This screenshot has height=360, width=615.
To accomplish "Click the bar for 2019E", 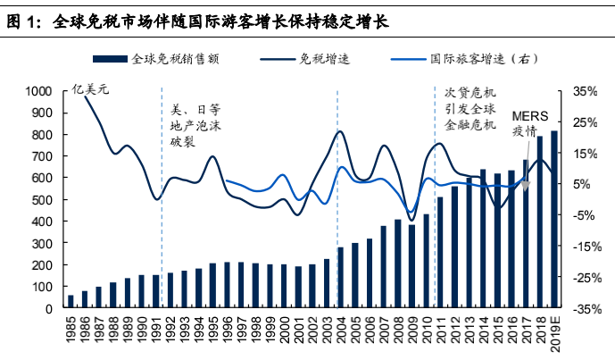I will [x=554, y=220].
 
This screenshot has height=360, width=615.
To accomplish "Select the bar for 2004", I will [x=340, y=278].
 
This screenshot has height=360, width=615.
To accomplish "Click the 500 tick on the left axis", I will [x=42, y=200].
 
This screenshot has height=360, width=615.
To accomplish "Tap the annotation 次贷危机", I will [x=469, y=92].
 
